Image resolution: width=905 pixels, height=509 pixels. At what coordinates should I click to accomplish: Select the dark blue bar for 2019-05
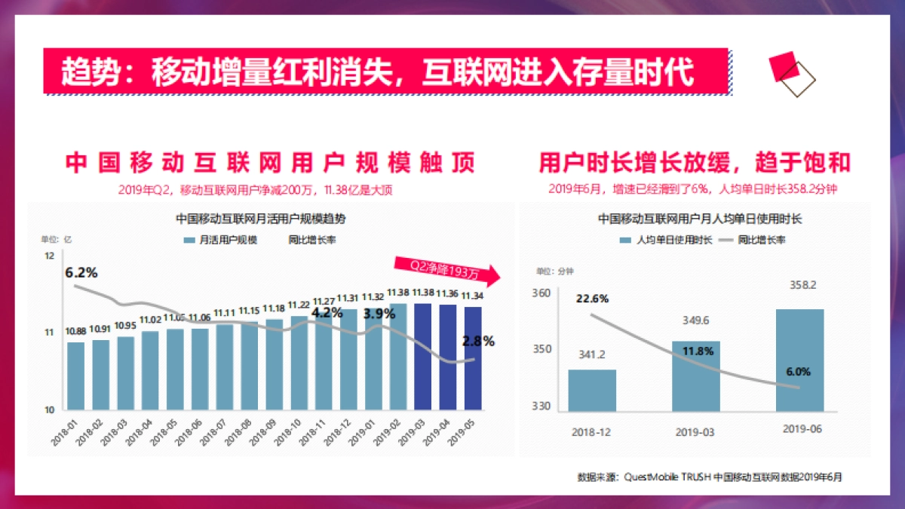[473, 358]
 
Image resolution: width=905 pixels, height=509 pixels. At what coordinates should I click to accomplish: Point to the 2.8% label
[478, 342]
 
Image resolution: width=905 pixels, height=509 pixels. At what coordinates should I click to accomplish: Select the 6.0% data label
[798, 372]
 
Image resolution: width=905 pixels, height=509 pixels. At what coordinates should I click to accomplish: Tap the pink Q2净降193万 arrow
[445, 268]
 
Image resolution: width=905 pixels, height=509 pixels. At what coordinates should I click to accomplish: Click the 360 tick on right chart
[540, 293]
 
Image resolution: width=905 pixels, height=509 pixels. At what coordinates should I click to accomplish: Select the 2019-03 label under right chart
[695, 432]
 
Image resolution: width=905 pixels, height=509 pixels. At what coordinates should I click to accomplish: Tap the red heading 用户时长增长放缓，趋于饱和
[695, 162]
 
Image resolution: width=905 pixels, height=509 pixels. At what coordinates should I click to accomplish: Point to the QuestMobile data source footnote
[710, 477]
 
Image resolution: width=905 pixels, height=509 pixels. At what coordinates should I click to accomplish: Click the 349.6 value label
[695, 320]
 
